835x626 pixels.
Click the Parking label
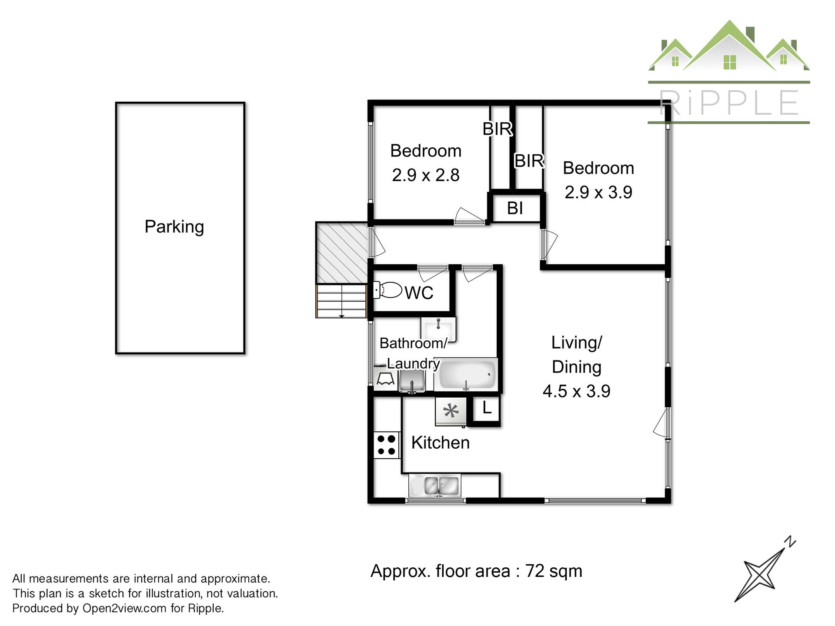[174, 227]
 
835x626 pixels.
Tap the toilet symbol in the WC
[387, 290]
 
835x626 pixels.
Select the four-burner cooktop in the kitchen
[386, 445]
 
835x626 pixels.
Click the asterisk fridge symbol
[451, 411]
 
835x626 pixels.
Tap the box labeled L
[486, 409]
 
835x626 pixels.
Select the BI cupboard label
[515, 208]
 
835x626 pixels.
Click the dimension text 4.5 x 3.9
[576, 391]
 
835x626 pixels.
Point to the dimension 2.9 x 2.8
[426, 175]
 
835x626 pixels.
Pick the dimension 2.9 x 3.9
[598, 192]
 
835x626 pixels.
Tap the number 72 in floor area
[535, 571]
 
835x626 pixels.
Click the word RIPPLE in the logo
[729, 103]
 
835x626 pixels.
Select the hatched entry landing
[343, 253]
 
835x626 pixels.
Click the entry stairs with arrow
[342, 301]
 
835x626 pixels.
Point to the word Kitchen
[441, 443]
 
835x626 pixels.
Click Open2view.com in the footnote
[124, 608]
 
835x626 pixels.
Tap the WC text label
[419, 293]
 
